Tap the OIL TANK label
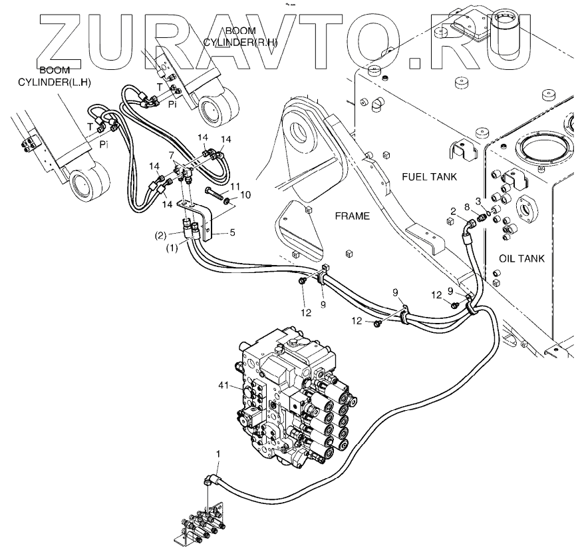pos(521,258)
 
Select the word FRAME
pos(353,217)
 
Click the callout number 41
pos(225,384)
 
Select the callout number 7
pos(173,154)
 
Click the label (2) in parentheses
pos(160,235)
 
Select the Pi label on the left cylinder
pos(102,143)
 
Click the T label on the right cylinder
pos(159,87)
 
